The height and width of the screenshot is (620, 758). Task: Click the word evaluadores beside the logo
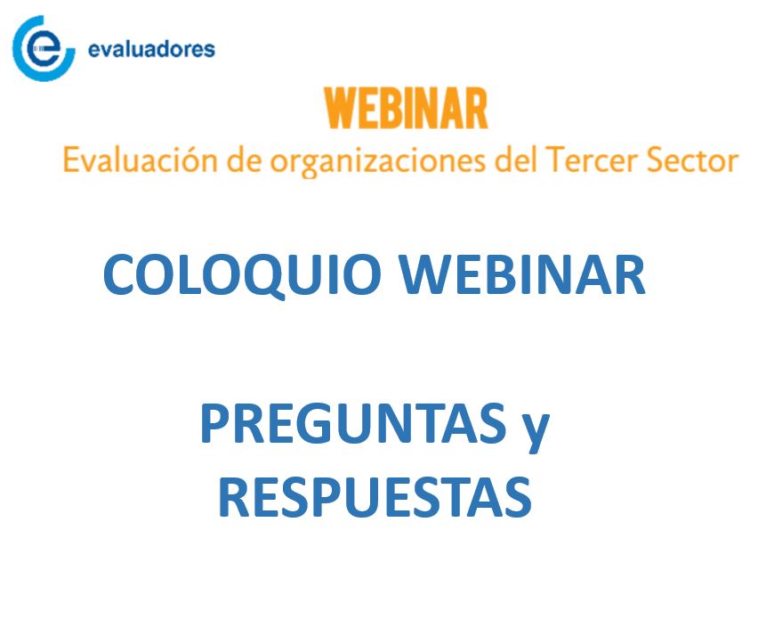(x=151, y=49)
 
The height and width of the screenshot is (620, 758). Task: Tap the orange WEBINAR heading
(x=406, y=109)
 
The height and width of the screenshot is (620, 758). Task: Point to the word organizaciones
(x=377, y=162)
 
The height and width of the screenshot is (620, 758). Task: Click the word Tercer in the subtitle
(x=592, y=160)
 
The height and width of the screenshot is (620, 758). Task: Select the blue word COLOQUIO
(x=242, y=275)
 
